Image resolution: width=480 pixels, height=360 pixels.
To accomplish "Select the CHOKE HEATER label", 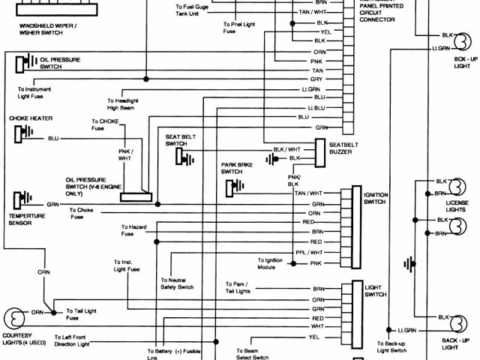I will point(31,118).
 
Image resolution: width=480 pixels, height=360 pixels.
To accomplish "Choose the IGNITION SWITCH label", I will point(375,198).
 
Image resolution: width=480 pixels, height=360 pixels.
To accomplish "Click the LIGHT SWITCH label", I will point(374,291).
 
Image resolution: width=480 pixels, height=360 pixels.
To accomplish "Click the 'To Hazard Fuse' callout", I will point(133,230).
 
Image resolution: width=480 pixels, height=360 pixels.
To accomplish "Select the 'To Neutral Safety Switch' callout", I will point(176,283).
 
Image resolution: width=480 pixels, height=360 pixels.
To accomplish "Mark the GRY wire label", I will point(317,79).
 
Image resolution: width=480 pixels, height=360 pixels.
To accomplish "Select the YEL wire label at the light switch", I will point(313,337).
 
